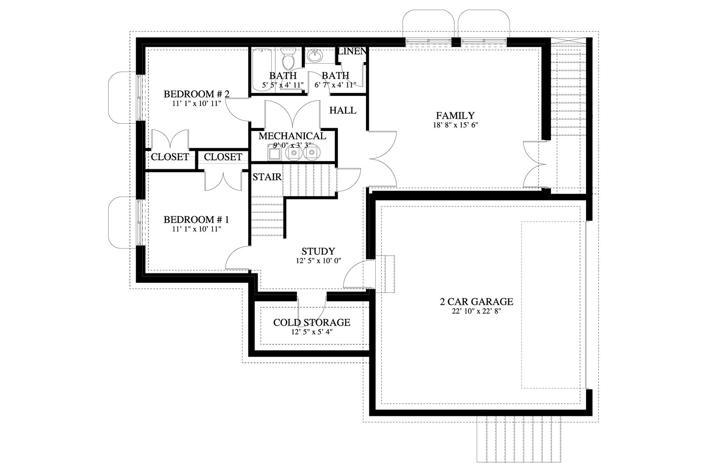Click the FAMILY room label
point(455,115)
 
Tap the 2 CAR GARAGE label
point(476,301)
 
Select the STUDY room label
point(318,251)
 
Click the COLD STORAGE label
point(312,322)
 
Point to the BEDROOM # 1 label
point(196,219)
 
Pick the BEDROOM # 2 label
point(196,94)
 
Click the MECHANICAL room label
point(292,136)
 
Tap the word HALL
point(343,110)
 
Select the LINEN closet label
point(352,51)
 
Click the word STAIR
point(267,177)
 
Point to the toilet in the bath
point(288,59)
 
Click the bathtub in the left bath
point(262,69)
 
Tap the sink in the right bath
point(315,56)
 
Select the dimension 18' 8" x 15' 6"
point(456,125)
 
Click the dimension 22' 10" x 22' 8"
point(477,311)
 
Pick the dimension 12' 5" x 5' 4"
point(312,332)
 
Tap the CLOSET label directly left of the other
point(170,157)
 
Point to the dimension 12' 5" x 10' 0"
point(319,261)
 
